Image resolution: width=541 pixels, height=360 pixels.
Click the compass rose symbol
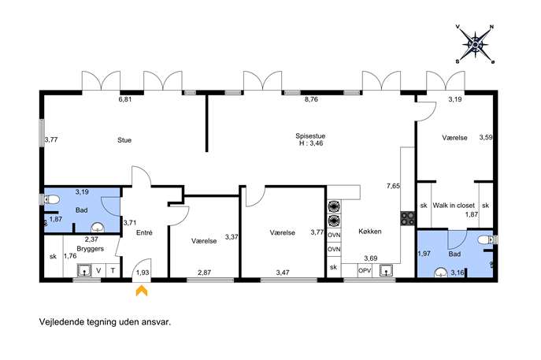(x=475, y=45)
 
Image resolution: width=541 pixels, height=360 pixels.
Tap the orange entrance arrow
(x=142, y=290)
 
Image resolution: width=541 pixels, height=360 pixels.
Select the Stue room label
(x=124, y=140)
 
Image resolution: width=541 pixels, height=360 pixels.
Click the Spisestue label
(x=310, y=136)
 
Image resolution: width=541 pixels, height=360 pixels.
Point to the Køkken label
(x=370, y=232)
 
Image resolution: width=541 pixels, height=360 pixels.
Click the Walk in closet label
(x=454, y=206)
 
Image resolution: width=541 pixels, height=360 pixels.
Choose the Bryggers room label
(x=90, y=249)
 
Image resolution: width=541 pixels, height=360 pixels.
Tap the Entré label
(x=144, y=232)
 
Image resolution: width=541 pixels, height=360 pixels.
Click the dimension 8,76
(x=311, y=99)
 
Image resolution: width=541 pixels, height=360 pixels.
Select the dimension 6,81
(x=125, y=99)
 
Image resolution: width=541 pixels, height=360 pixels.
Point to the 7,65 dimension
(x=393, y=186)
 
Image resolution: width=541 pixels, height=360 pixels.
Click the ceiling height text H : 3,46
(x=311, y=143)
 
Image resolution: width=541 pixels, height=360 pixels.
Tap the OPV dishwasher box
(x=365, y=271)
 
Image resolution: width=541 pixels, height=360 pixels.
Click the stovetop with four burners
(x=407, y=218)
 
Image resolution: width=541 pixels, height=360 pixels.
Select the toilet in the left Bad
(x=51, y=199)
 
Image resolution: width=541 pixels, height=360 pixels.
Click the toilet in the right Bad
(x=487, y=239)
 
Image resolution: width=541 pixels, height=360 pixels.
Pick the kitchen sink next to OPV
(x=386, y=271)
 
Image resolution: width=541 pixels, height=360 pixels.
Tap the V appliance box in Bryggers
(x=98, y=271)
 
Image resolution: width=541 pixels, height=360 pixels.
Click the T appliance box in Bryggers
(x=113, y=271)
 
